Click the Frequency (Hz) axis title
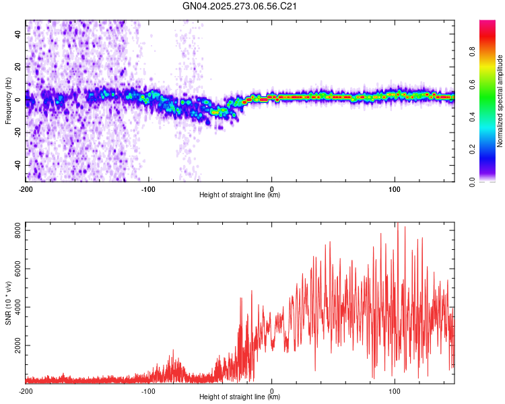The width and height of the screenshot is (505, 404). tap(8, 101)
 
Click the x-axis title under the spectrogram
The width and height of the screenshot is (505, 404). tap(240, 195)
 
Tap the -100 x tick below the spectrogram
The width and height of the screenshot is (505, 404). tap(149, 188)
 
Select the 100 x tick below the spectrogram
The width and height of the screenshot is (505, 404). tap(394, 188)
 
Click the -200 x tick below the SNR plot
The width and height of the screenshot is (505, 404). tap(26, 391)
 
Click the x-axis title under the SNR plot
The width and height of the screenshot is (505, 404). tap(240, 397)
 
